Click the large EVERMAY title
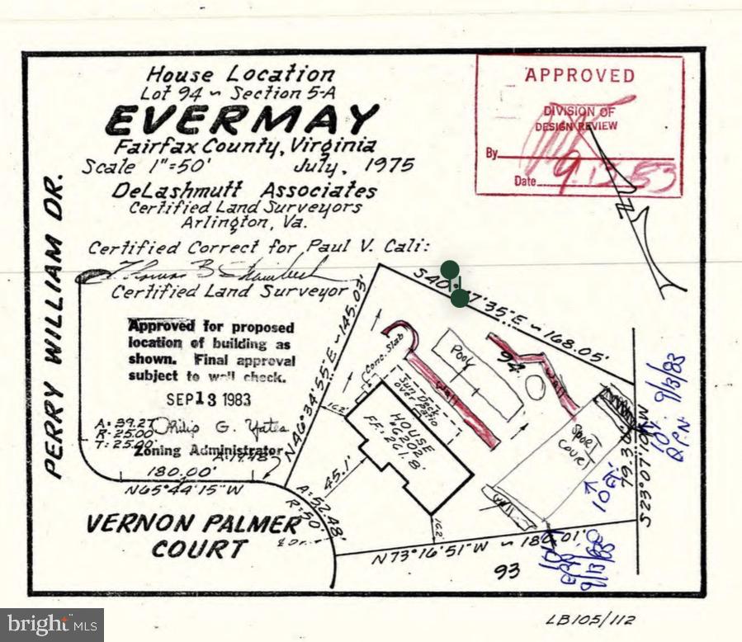tap(242, 120)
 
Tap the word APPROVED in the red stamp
tap(580, 76)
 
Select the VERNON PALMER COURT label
tap(193, 536)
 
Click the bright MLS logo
tap(51, 625)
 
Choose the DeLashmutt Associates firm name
tap(244, 191)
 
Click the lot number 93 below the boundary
tap(507, 571)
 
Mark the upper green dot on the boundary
tap(450, 270)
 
